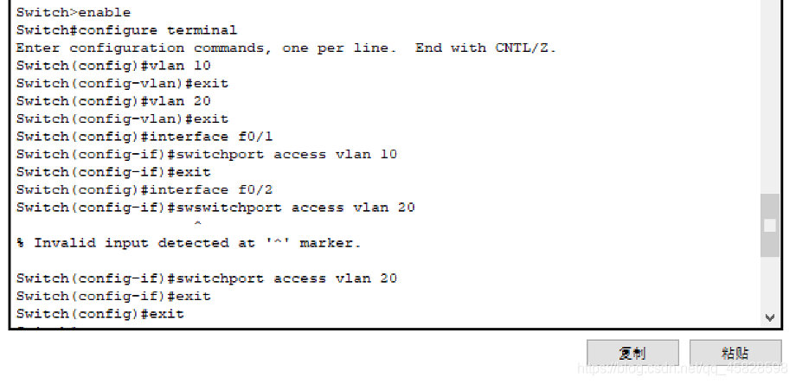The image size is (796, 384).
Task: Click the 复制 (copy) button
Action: point(632,353)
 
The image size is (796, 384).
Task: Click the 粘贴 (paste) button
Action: point(735,353)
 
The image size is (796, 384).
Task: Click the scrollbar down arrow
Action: point(770,317)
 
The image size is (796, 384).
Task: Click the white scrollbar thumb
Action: point(770,226)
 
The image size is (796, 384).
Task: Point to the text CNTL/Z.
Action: point(525,48)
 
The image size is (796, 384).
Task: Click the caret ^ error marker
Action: point(197,225)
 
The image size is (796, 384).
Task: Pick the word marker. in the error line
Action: point(331,243)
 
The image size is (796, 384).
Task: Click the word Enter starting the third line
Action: point(38,48)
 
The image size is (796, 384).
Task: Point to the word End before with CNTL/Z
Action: point(428,48)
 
